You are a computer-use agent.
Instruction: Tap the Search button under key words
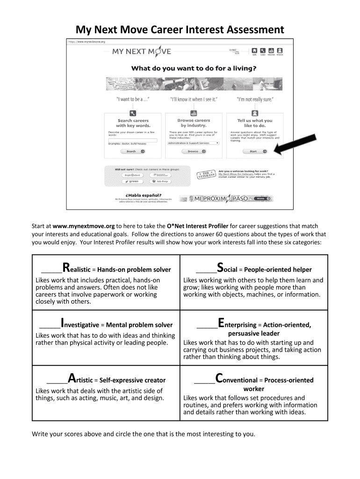coord(133,152)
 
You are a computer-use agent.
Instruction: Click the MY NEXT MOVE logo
coord(141,51)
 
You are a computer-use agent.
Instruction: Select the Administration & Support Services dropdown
coord(194,143)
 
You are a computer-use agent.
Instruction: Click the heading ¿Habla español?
coord(144,195)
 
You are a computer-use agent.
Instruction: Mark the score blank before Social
coord(206,270)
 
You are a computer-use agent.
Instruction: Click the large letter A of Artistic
coord(72,379)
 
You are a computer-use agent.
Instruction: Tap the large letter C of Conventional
coord(219,379)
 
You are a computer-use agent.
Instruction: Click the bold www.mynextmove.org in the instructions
coord(84,226)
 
